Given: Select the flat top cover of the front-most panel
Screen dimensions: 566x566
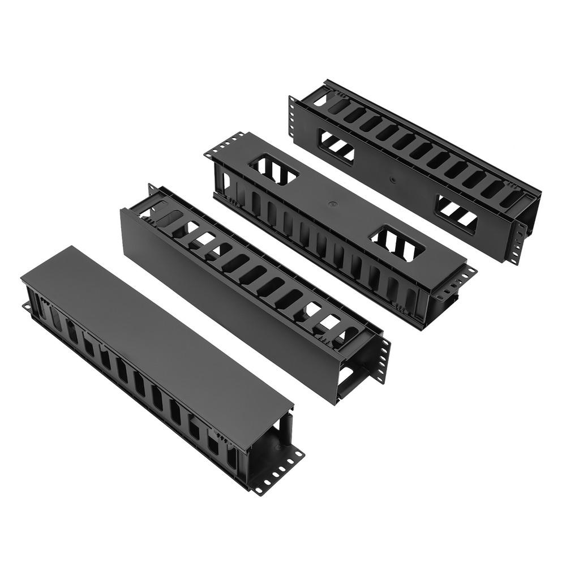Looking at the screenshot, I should [x=153, y=334].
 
